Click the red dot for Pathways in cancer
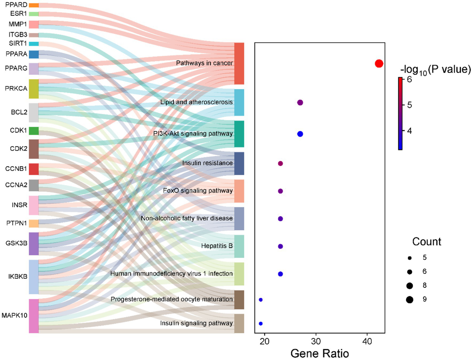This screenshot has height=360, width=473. click(379, 63)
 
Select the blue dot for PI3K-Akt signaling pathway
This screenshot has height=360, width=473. click(300, 134)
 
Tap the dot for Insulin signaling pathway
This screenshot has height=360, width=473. click(261, 324)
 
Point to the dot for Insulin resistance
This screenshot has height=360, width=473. click(280, 164)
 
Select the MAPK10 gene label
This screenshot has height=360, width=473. click(14, 316)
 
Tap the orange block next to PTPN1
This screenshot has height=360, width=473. click(34, 223)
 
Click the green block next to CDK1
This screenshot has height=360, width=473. click(34, 131)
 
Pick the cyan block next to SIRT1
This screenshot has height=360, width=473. click(34, 44)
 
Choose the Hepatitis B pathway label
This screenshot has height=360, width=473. click(217, 246)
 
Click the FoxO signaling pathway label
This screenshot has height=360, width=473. click(198, 191)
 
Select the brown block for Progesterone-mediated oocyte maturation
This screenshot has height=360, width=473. click(239, 300)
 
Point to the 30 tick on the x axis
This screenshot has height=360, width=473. click(316, 341)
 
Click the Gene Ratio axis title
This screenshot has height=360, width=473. click(320, 353)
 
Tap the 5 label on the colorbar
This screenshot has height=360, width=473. click(409, 105)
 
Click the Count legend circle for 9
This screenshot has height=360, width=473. click(410, 299)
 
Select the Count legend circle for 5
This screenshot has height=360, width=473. click(410, 258)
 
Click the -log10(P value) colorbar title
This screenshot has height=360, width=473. click(435, 70)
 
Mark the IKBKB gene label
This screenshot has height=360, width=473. click(18, 277)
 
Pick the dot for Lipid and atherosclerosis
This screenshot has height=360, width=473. click(300, 103)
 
